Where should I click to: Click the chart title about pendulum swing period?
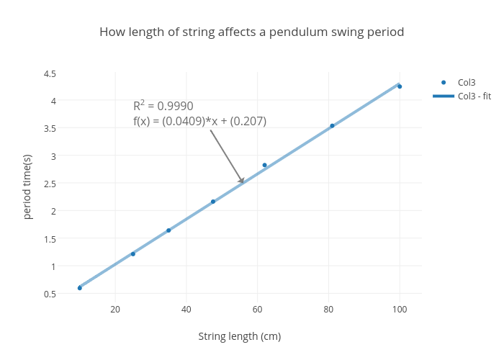pyautogui.click(x=251, y=32)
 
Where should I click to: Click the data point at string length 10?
pyautogui.click(x=80, y=288)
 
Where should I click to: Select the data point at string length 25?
pyautogui.click(x=133, y=254)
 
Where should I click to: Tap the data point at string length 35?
pyautogui.click(x=168, y=230)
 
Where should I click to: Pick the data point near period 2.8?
pyautogui.click(x=264, y=165)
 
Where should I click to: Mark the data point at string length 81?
pyautogui.click(x=332, y=126)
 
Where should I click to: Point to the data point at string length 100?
pyautogui.click(x=400, y=86)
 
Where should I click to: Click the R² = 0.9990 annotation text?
pyautogui.click(x=163, y=106)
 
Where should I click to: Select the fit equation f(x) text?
pyautogui.click(x=199, y=121)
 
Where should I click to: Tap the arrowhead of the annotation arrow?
pyautogui.click(x=242, y=181)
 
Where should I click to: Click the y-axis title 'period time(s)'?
pyautogui.click(x=27, y=186)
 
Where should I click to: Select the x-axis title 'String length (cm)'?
pyautogui.click(x=239, y=336)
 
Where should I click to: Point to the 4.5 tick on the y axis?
pyautogui.click(x=50, y=73)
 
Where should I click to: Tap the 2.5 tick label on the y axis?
pyautogui.click(x=50, y=184)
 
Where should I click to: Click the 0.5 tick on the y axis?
pyautogui.click(x=50, y=294)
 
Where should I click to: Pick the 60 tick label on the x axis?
pyautogui.click(x=257, y=310)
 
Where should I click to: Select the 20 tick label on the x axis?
pyautogui.click(x=115, y=310)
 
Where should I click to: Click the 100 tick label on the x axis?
pyautogui.click(x=400, y=310)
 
